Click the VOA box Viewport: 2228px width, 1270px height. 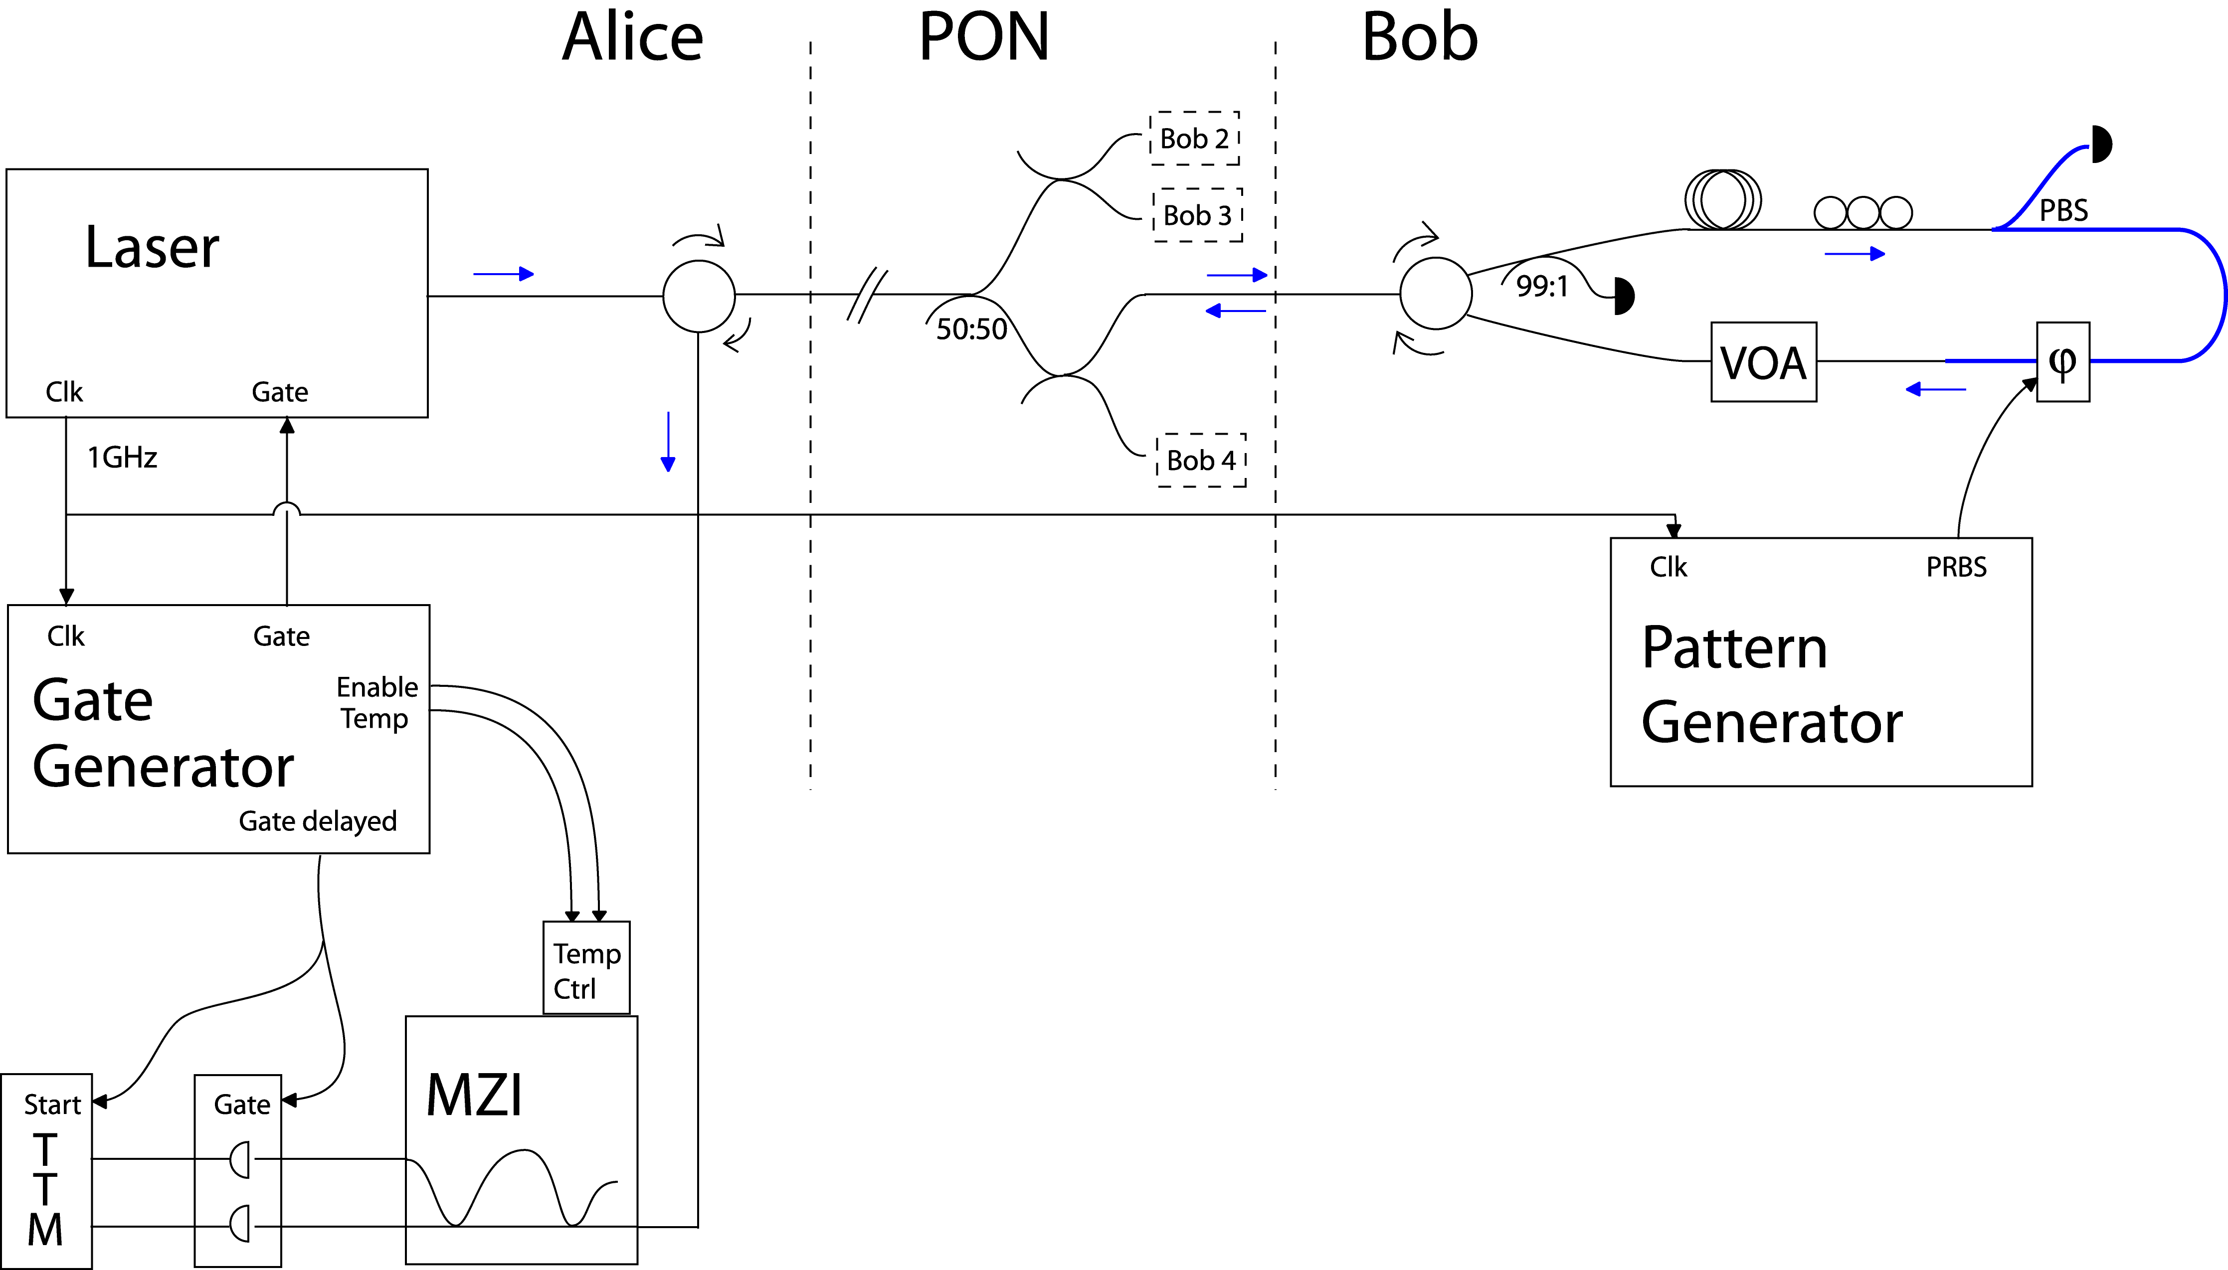click(x=1763, y=362)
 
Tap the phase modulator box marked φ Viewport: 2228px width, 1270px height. click(x=2062, y=362)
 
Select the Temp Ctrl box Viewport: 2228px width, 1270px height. click(x=586, y=967)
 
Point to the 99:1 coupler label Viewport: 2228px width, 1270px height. click(x=1541, y=286)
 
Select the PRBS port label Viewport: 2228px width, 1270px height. click(x=1956, y=567)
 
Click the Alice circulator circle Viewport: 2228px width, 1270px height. click(x=699, y=297)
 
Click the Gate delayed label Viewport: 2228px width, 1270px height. click(x=318, y=821)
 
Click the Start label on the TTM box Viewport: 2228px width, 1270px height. click(x=52, y=1105)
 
